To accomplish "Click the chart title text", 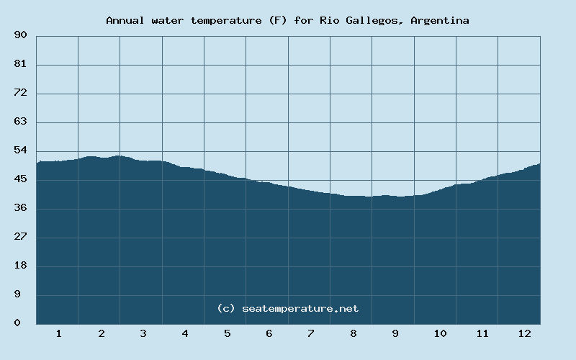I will (287, 20).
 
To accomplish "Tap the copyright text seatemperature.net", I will (287, 308).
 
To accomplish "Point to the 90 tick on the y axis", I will (20, 35).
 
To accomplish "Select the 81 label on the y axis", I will (20, 64).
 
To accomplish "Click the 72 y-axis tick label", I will (20, 93).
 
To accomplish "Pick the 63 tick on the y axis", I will (20, 122).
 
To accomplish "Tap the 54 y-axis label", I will (20, 150).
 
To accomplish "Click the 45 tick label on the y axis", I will (20, 179).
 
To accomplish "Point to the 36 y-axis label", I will (20, 208).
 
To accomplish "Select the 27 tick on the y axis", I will (20, 237).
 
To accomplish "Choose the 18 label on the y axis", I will (20, 266).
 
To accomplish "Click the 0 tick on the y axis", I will (17, 323).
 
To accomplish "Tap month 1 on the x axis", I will (58, 333).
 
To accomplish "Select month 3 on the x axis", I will (143, 333).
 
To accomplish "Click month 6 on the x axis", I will (269, 333).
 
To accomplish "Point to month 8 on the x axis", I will (353, 333).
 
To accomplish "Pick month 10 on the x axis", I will (440, 333).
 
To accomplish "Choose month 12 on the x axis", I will (524, 333).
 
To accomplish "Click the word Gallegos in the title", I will (379, 20).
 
